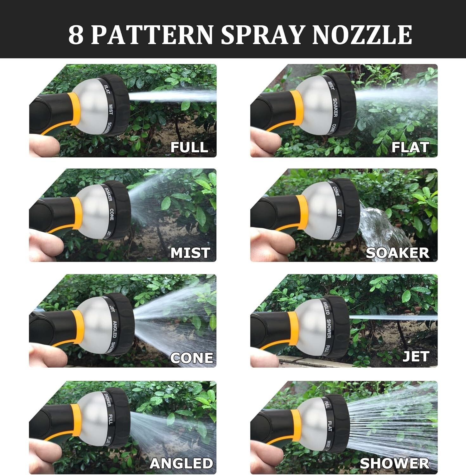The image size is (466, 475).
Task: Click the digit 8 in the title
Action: tap(76, 35)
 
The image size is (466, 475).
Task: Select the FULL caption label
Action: tap(189, 147)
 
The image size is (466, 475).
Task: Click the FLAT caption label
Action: tap(410, 147)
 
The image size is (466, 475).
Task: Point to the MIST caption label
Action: tap(190, 253)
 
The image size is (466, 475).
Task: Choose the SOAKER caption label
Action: tap(398, 253)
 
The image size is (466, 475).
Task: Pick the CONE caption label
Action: tap(192, 358)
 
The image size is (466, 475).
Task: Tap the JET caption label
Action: tap(416, 357)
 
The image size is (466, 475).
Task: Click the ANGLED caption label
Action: tap(181, 463)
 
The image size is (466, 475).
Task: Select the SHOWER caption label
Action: tap(395, 463)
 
